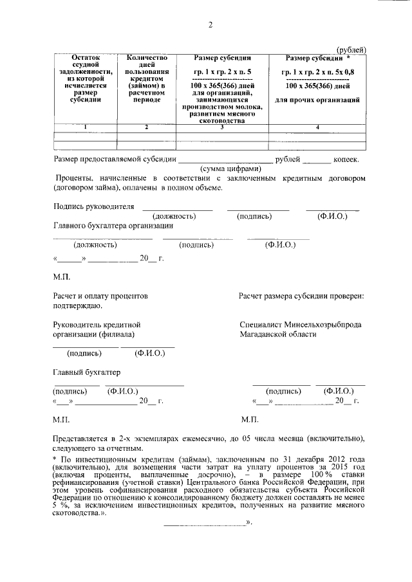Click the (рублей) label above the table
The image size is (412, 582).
[x=352, y=50]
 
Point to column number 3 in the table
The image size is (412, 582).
[x=222, y=127]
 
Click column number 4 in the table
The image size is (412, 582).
[x=317, y=127]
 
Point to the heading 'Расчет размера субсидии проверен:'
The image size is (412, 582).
[x=301, y=296]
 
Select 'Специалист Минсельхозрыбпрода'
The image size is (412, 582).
[x=299, y=325]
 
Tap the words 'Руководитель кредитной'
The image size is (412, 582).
[x=96, y=325]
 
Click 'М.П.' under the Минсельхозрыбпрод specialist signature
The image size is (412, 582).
[x=248, y=419]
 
